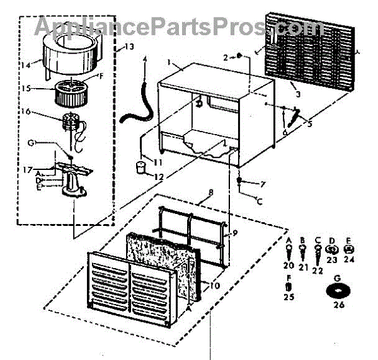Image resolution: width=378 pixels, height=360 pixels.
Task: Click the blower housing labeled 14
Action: click(66, 53)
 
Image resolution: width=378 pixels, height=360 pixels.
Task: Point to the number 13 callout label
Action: click(129, 47)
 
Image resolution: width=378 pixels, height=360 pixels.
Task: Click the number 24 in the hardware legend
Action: click(349, 259)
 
